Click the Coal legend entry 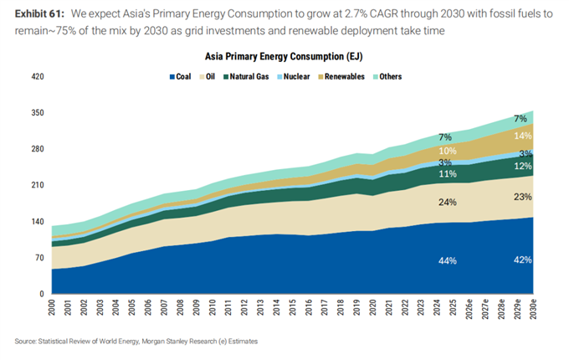pyautogui.click(x=181, y=76)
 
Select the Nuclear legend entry pyautogui.click(x=293, y=76)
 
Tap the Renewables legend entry pyautogui.click(x=341, y=76)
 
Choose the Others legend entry pyautogui.click(x=387, y=76)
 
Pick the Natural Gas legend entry pyautogui.click(x=246, y=76)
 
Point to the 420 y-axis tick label pyautogui.click(x=38, y=76)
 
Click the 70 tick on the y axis pyautogui.click(x=39, y=258)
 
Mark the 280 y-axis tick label pyautogui.click(x=38, y=149)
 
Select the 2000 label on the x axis pyautogui.click(x=52, y=307)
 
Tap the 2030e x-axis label pyautogui.click(x=533, y=309)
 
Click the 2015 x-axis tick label pyautogui.click(x=293, y=307)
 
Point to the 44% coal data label pyautogui.click(x=448, y=260)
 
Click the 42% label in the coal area pyautogui.click(x=522, y=260)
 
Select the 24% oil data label pyautogui.click(x=448, y=202)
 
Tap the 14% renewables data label pyautogui.click(x=523, y=136)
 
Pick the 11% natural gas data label pyautogui.click(x=448, y=174)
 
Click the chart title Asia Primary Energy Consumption pyautogui.click(x=284, y=57)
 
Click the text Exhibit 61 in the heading pyautogui.click(x=39, y=13)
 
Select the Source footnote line pyautogui.click(x=136, y=341)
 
